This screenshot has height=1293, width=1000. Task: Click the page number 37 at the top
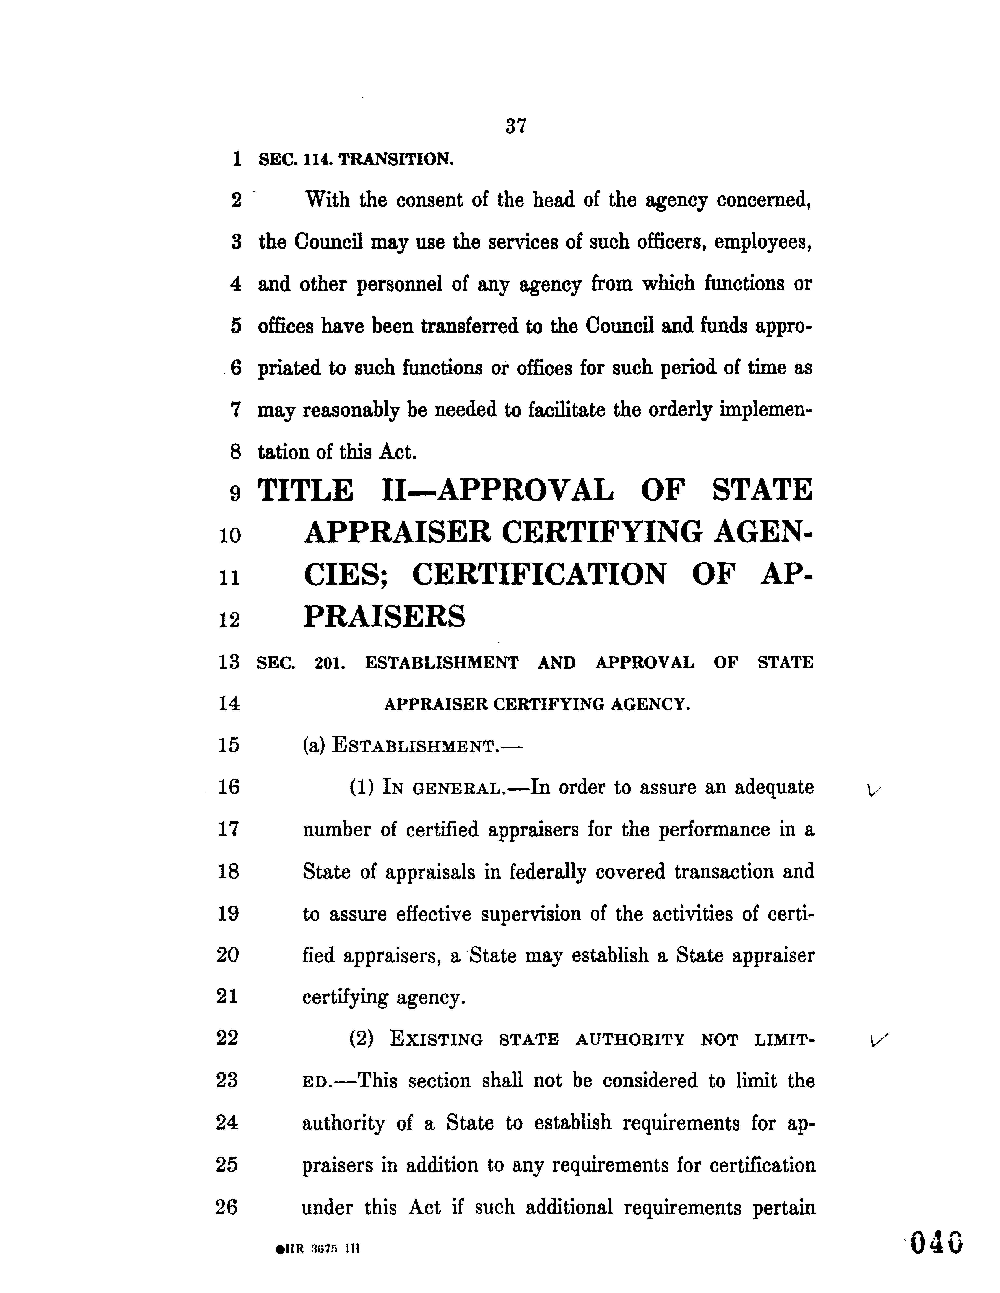point(516,126)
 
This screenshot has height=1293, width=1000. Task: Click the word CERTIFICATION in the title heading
point(539,574)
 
